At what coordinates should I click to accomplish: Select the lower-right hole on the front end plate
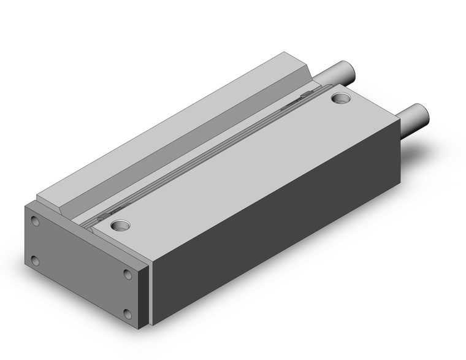128,314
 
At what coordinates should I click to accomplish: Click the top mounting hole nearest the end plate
119,225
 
